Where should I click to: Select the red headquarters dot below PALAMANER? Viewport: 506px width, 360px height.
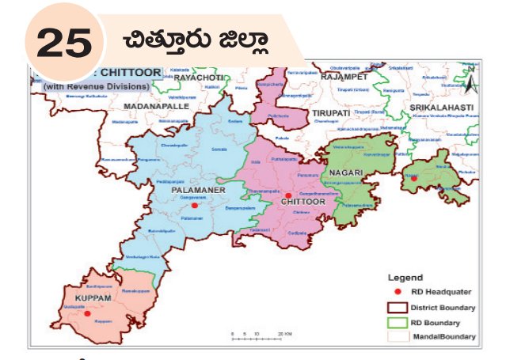click(x=194, y=205)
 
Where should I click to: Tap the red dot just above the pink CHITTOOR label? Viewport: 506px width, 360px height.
click(x=289, y=195)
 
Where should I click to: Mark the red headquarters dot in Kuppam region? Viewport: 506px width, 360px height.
click(x=87, y=314)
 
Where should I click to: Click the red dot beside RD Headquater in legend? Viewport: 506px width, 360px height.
click(x=398, y=292)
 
